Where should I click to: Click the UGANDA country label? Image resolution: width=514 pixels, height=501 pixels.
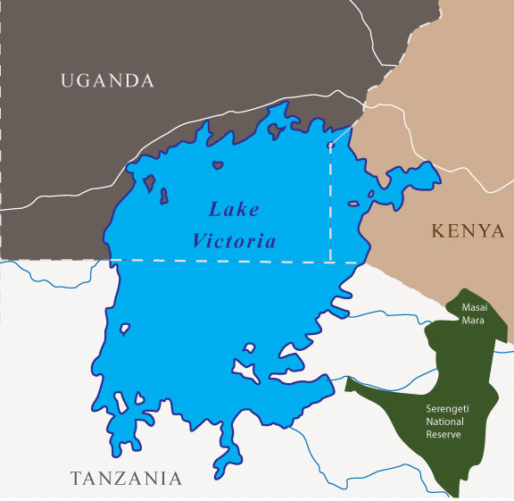pos(107,81)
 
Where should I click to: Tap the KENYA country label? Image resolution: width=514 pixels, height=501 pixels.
pos(468,231)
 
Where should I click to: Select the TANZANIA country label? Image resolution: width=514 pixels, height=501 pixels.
pos(126,478)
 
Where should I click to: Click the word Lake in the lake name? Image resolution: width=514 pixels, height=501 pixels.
pos(234,211)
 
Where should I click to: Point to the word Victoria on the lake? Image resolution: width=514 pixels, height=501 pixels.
pos(233,241)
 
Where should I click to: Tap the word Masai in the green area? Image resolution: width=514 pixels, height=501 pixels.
pos(473,307)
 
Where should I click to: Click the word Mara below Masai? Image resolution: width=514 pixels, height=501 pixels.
pos(473,320)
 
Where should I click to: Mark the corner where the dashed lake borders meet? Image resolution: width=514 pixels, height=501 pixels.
pos(331,262)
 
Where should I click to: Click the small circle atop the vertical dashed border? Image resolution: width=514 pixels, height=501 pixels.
pos(331,143)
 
